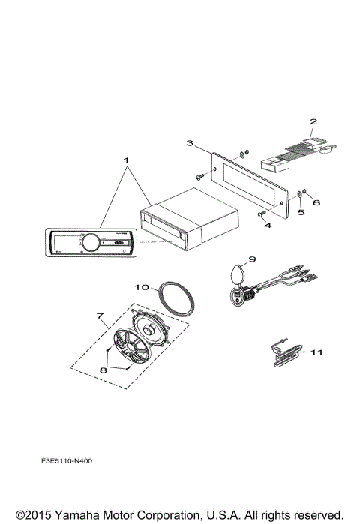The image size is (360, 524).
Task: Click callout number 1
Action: click(x=127, y=160)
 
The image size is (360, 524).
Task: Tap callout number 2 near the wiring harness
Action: click(x=313, y=120)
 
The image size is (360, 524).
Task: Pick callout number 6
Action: click(x=316, y=202)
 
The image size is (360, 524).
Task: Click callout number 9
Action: click(x=252, y=259)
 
